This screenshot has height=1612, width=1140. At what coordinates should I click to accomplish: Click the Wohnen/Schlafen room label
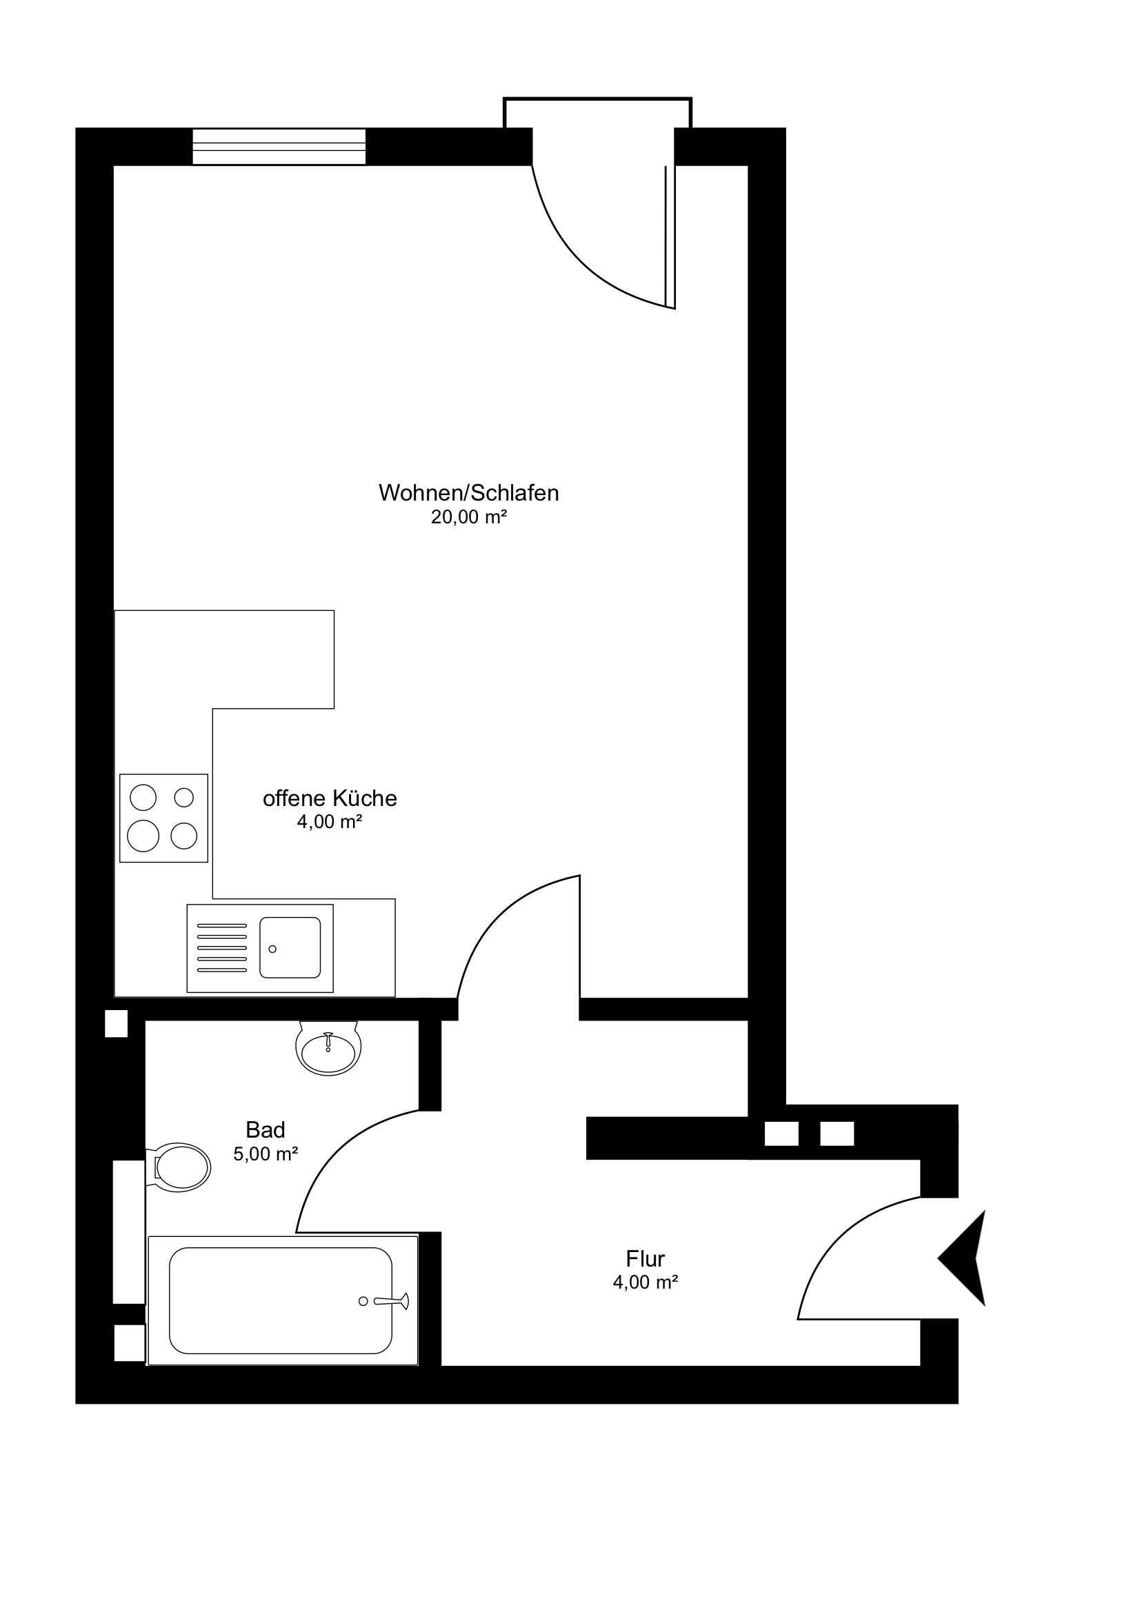click(x=468, y=494)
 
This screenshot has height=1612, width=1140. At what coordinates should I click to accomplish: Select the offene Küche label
click(x=330, y=798)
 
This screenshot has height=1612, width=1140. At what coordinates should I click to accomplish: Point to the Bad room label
click(x=266, y=1129)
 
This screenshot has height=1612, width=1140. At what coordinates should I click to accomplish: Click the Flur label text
click(x=645, y=1258)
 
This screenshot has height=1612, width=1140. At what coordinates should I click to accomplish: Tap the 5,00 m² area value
click(x=266, y=1153)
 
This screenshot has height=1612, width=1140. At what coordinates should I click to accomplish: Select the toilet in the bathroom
click(x=178, y=1167)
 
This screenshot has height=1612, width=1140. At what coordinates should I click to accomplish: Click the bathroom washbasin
click(x=328, y=1047)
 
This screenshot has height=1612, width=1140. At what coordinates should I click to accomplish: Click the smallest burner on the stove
click(x=183, y=797)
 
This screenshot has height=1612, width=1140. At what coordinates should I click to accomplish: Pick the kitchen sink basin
click(x=290, y=948)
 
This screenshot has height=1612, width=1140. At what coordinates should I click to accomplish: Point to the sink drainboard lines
click(x=222, y=948)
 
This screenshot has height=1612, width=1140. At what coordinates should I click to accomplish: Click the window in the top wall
click(x=279, y=147)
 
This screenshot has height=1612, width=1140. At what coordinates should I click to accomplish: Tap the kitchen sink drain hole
click(x=272, y=949)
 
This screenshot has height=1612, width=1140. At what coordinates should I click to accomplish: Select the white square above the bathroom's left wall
click(x=117, y=1023)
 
